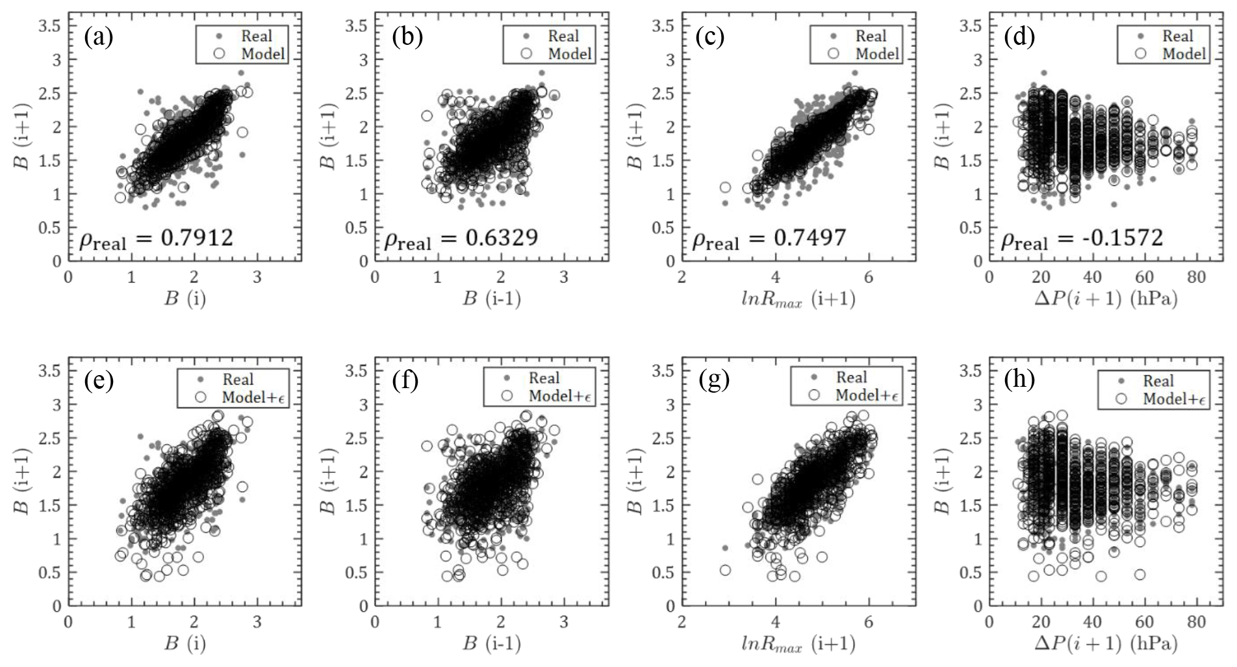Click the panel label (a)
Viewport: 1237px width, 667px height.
(99, 37)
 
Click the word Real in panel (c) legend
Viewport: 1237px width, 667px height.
(871, 36)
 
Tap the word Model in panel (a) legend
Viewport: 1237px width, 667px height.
(263, 54)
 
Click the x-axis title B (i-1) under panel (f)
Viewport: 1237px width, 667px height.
(491, 644)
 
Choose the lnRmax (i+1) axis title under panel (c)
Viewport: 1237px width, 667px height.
(798, 300)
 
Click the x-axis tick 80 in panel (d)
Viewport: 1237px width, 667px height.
(1197, 278)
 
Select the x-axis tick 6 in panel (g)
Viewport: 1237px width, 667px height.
(869, 622)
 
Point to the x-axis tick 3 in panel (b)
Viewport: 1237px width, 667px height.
(563, 278)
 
